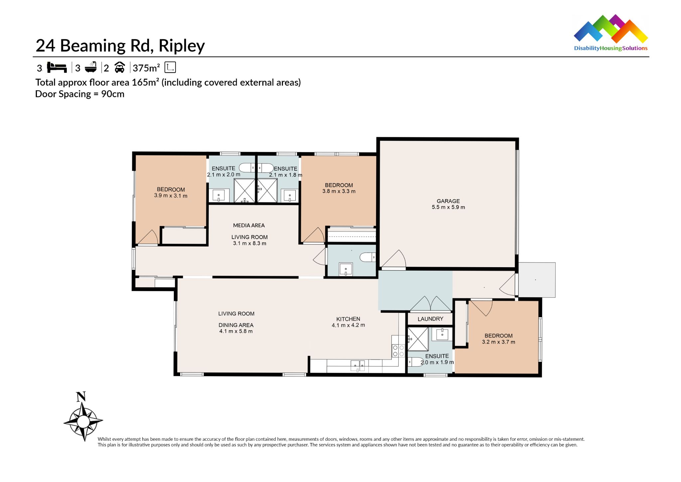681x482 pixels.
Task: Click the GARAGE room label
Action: point(448,201)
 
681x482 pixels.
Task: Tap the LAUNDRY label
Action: point(430,319)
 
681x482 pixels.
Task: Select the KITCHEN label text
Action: point(348,319)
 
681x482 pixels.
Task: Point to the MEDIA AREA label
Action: point(249,225)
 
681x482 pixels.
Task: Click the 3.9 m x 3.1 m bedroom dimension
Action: point(171,196)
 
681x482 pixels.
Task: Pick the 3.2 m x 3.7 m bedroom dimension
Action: point(498,342)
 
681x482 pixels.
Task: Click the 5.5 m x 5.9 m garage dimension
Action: point(448,207)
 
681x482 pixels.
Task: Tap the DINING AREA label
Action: point(236,325)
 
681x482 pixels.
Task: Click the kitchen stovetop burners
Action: point(398,351)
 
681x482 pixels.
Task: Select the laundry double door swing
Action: point(430,304)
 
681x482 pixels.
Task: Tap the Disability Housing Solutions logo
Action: point(611,33)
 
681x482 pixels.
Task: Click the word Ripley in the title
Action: point(182,46)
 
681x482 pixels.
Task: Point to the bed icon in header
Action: point(57,67)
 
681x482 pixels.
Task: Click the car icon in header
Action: point(120,68)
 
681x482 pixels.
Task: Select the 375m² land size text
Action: point(146,68)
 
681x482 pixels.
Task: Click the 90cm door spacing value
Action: point(113,94)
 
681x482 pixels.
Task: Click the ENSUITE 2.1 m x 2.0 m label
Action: point(223,171)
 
